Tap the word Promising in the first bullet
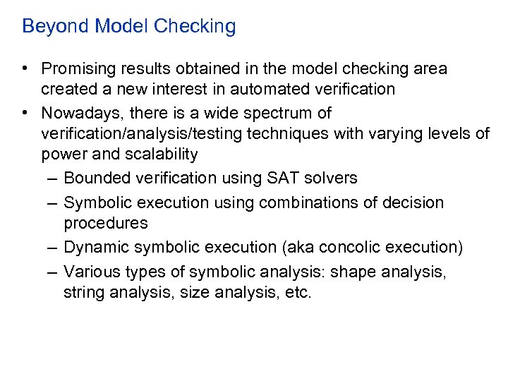78,69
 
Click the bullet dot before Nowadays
25,113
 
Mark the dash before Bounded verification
52,179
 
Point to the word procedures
106,224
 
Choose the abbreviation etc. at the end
296,291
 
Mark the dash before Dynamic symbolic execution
52,247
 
